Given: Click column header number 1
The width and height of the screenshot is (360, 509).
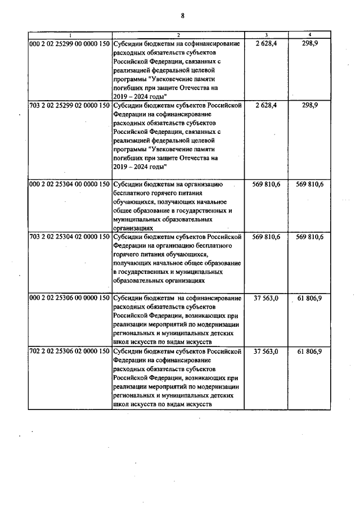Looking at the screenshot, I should click(x=70, y=35).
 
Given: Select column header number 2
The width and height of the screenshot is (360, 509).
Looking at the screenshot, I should click(x=178, y=35).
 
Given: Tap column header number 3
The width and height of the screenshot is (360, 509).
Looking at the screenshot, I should click(x=266, y=35).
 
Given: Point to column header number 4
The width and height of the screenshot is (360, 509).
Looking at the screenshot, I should click(x=310, y=35).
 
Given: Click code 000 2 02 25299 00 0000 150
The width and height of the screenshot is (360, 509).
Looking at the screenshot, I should click(x=70, y=43).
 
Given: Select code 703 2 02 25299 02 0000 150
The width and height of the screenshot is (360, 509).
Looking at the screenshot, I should click(x=70, y=105).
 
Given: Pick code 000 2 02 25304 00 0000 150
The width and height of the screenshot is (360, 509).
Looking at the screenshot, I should click(x=70, y=184).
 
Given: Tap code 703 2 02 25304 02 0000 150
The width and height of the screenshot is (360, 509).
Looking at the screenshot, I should click(x=70, y=237).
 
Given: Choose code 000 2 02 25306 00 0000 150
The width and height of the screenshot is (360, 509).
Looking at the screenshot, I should click(x=70, y=298).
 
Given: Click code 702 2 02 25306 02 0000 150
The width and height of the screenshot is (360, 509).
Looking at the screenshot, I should click(x=70, y=351).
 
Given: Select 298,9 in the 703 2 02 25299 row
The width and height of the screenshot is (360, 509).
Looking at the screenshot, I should click(x=310, y=105).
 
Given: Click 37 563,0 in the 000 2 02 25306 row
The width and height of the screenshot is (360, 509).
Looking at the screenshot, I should click(x=267, y=298).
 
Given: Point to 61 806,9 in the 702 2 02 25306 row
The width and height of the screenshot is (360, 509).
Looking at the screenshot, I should click(x=310, y=351).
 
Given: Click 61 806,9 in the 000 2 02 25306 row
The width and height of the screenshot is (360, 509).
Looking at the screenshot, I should click(x=310, y=298).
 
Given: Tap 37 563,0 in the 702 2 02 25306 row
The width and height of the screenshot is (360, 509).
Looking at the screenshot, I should click(x=267, y=351).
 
